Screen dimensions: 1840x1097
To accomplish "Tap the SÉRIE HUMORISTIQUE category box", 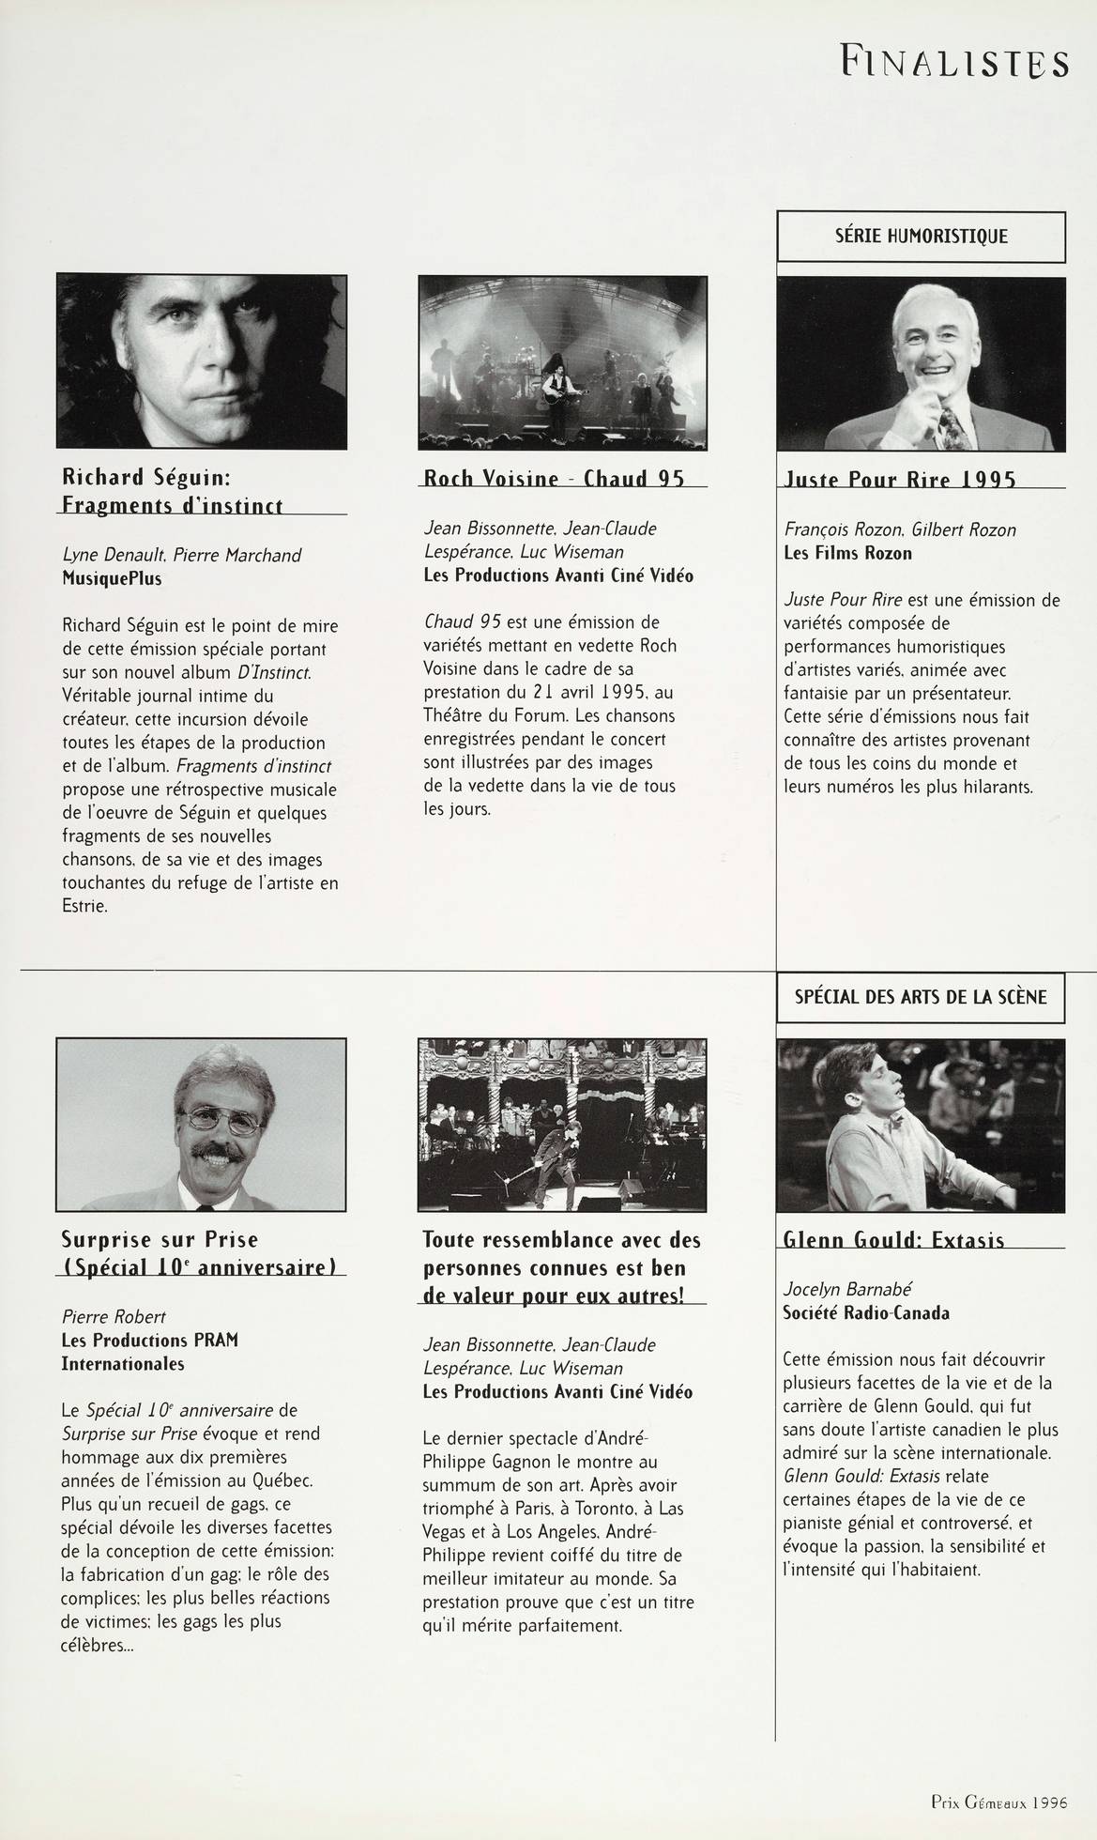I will (x=921, y=237).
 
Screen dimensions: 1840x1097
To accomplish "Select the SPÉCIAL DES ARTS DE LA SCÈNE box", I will (x=921, y=996).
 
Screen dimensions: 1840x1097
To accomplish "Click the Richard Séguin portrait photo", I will (x=201, y=360).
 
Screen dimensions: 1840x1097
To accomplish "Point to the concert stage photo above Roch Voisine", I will (x=562, y=361).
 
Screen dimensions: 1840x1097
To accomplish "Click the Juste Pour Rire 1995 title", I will (x=900, y=479).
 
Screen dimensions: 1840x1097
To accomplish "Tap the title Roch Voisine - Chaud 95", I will (x=554, y=478).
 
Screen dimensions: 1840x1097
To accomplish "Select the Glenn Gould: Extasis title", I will (x=893, y=1239).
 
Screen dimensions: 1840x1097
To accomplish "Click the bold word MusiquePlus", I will (x=112, y=578).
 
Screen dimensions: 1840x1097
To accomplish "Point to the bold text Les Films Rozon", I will (x=847, y=553).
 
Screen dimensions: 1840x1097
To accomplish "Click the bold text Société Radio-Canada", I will (x=866, y=1312).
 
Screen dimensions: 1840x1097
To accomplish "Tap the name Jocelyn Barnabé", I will (x=847, y=1289).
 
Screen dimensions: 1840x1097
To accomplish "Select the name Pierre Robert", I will (x=114, y=1316).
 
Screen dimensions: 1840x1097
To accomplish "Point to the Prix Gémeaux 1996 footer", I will (x=999, y=1802).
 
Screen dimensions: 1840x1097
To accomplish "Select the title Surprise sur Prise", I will (x=160, y=1239).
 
